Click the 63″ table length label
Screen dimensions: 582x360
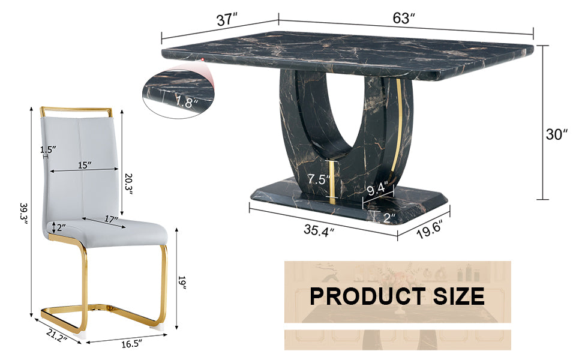point(404,18)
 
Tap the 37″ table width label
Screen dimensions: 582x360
point(227,19)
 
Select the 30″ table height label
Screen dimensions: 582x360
point(557,134)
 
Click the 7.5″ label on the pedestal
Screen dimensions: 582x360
point(319,179)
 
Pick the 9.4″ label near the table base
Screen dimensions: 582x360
point(377,189)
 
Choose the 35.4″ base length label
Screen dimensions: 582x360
point(319,230)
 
